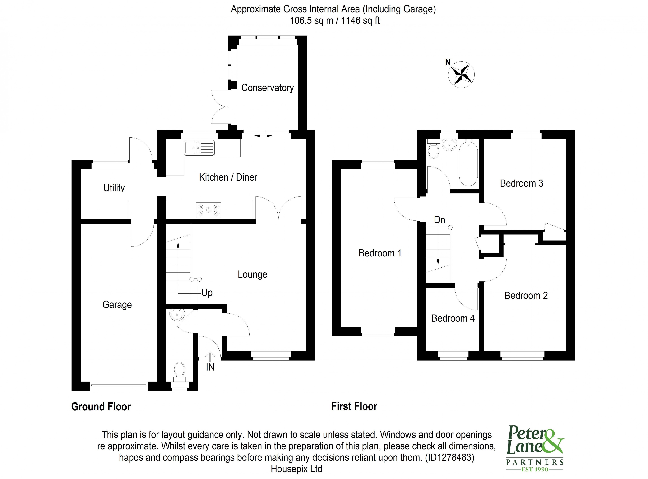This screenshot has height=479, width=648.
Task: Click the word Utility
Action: point(114,188)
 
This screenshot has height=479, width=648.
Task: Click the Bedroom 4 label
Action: point(453,318)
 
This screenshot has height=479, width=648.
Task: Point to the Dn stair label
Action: point(439,220)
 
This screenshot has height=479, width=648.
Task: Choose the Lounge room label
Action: point(252,274)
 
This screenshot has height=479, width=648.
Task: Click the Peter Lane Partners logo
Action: point(535,448)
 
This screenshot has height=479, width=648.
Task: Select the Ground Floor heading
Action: point(101,407)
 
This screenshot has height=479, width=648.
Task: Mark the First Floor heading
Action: point(354,406)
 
